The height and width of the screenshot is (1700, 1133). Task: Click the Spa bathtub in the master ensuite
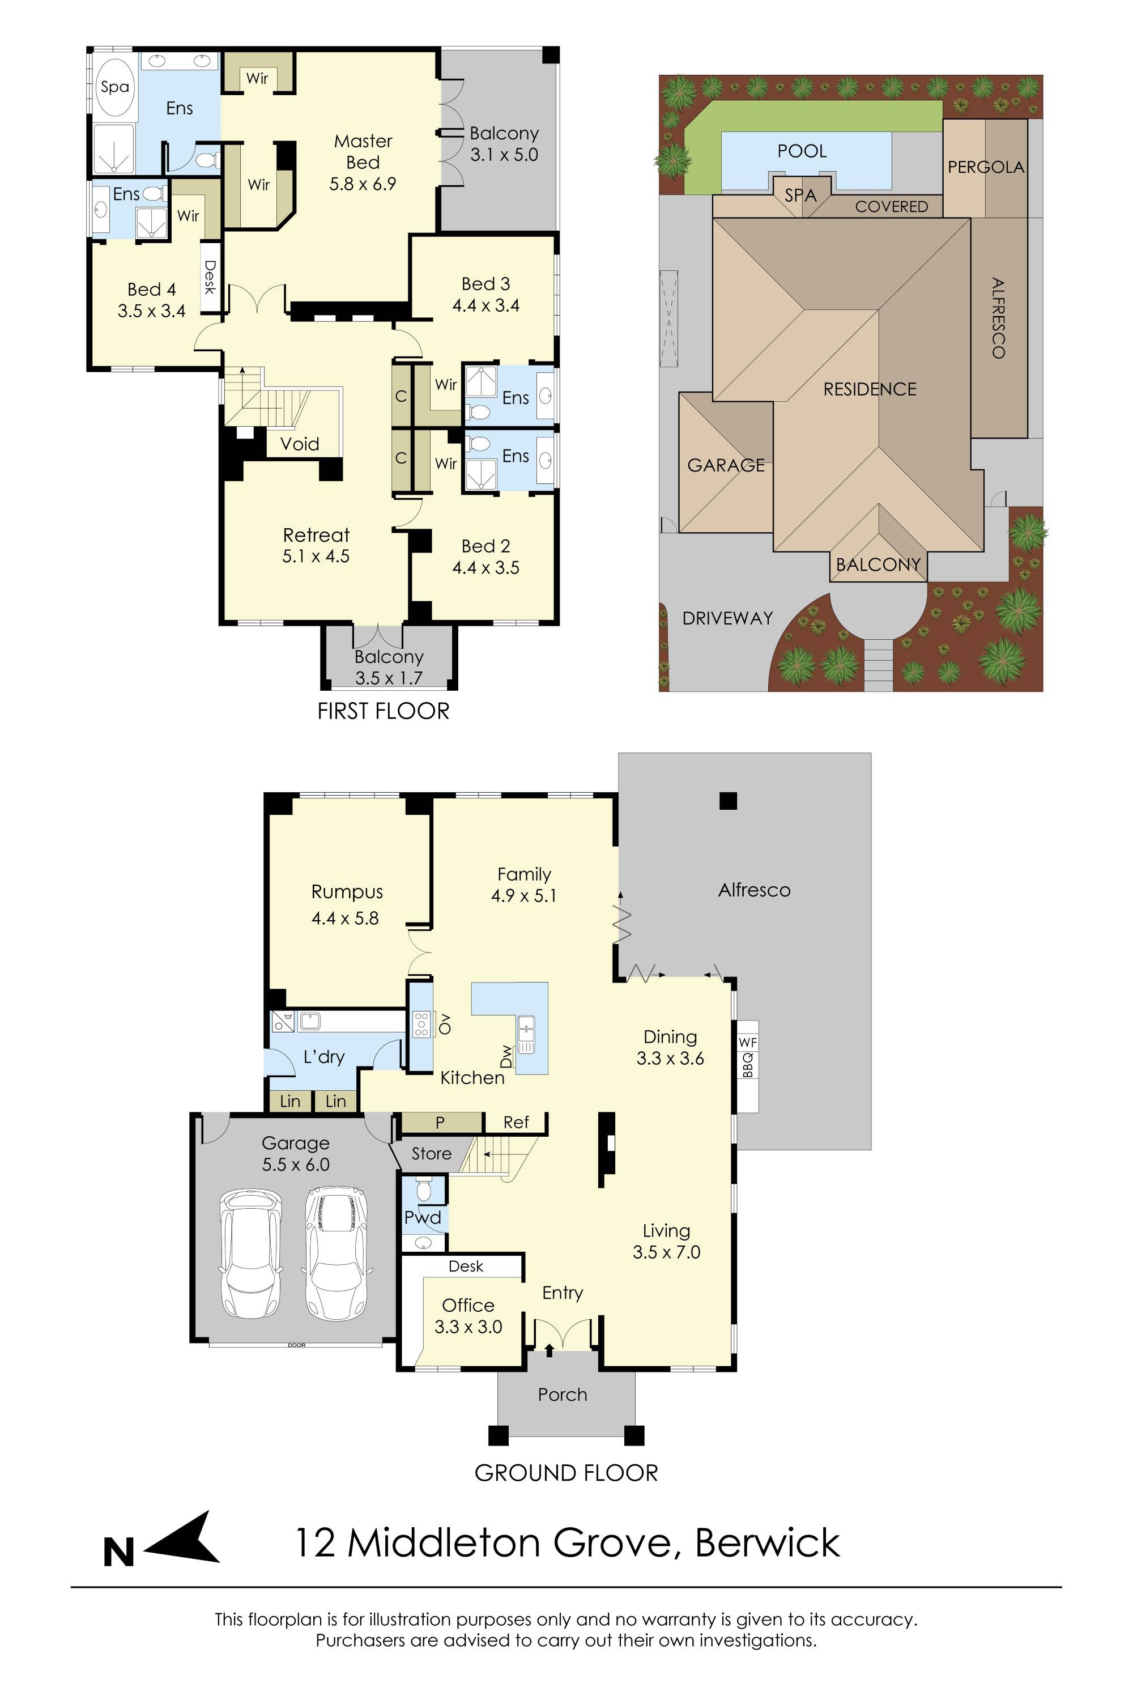(115, 94)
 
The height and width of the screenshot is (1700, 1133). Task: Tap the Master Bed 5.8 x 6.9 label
(363, 162)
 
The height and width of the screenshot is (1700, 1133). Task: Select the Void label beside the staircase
(299, 444)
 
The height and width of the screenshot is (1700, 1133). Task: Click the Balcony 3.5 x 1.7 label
(389, 667)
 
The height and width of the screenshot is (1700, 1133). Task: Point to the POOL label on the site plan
(802, 151)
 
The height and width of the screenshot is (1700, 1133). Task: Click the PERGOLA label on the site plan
(986, 167)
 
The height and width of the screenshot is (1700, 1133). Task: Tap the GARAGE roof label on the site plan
(726, 465)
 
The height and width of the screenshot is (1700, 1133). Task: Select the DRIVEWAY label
(727, 618)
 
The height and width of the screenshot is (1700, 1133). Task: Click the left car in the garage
(249, 1253)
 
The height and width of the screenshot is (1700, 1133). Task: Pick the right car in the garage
(336, 1253)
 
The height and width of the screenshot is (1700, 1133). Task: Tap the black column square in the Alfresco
(727, 801)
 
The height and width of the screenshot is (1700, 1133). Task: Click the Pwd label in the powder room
(423, 1217)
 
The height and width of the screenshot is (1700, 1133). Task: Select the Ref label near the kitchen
(516, 1123)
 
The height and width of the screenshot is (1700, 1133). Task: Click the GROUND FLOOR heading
(566, 1473)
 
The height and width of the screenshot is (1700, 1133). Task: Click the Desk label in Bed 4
(210, 278)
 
